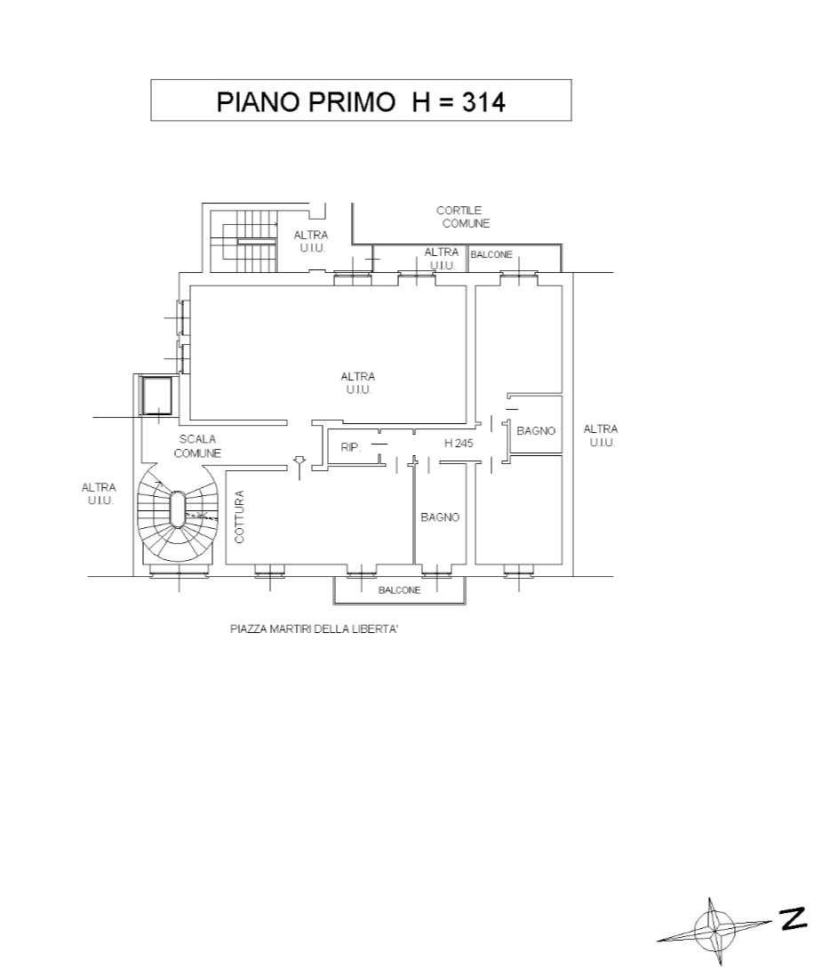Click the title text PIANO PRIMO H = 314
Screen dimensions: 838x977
(x=361, y=101)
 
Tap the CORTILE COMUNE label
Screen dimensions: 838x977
(x=462, y=217)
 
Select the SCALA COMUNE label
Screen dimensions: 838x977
(x=197, y=446)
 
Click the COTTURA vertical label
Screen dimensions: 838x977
(x=239, y=517)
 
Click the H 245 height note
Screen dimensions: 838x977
(x=459, y=443)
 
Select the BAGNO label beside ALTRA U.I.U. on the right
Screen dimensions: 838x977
(x=536, y=430)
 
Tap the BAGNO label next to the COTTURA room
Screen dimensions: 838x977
(x=440, y=517)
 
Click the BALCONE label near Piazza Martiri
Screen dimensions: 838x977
(x=399, y=590)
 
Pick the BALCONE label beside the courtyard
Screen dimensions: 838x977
(x=491, y=255)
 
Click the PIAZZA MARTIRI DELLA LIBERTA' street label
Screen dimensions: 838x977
(x=314, y=629)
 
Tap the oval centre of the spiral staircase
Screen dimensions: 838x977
(x=178, y=509)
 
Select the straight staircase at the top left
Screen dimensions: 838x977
(x=243, y=241)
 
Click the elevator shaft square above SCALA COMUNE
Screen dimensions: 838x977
(x=156, y=395)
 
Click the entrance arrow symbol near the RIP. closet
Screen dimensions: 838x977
(x=299, y=466)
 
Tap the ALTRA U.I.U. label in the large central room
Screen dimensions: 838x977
(x=357, y=383)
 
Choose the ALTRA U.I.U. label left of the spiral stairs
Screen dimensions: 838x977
(x=99, y=493)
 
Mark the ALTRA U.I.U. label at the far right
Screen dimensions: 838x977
(x=601, y=436)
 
